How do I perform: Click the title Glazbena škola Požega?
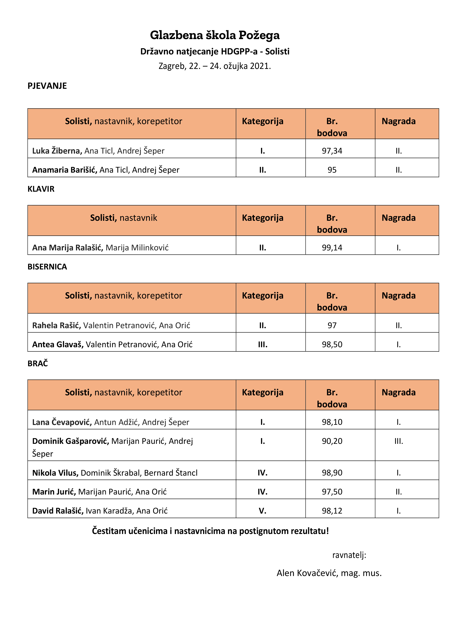tap(214, 35)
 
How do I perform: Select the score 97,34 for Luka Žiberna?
tap(332, 151)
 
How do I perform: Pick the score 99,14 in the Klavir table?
tap(332, 247)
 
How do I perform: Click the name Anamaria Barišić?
tap(65, 170)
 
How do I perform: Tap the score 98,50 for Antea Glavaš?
tap(332, 344)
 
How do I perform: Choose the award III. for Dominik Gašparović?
tap(398, 441)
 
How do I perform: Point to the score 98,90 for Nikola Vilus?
tap(332, 473)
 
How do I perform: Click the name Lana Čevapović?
tap(62, 422)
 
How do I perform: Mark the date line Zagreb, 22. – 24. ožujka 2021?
tap(214, 66)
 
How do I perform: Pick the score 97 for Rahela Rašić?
tap(332, 325)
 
